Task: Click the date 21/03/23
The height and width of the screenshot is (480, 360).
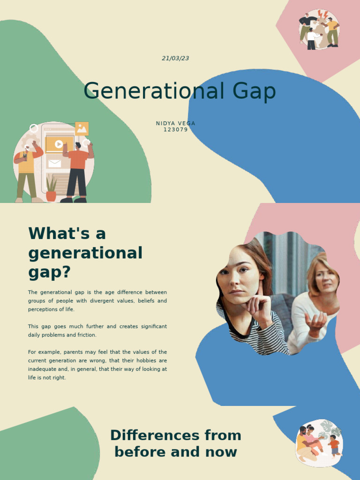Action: click(x=175, y=58)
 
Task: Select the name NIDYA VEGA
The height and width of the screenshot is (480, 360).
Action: click(x=175, y=123)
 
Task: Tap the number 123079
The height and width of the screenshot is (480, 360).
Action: click(x=175, y=129)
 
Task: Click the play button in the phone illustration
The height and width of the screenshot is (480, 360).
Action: click(x=59, y=144)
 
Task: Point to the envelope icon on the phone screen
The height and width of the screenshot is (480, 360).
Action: click(x=54, y=164)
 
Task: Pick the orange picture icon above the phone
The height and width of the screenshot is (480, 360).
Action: click(x=82, y=128)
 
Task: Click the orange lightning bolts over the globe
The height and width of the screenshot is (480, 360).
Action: click(x=322, y=15)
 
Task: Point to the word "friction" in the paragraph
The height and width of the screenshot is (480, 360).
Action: click(x=86, y=335)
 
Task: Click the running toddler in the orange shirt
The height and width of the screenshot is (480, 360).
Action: click(x=334, y=445)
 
